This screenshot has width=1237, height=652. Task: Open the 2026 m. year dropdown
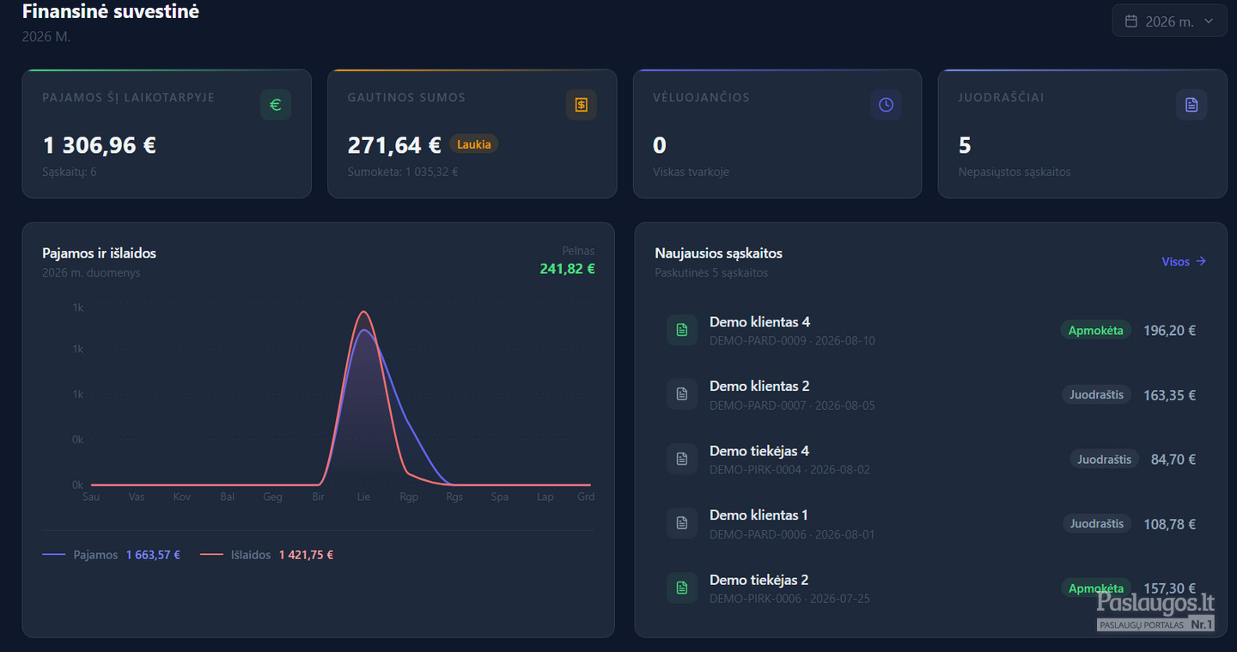point(1169,21)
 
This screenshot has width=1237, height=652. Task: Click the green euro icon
point(276,105)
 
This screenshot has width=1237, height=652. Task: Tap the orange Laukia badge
point(474,144)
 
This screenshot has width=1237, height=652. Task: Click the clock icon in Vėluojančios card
point(886,105)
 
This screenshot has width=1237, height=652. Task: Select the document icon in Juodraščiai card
point(1191,105)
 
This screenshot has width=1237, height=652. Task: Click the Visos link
point(1184,262)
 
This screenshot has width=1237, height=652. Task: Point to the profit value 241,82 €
point(567,269)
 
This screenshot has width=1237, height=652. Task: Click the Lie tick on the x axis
point(363,497)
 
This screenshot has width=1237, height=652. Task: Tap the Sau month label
point(91,497)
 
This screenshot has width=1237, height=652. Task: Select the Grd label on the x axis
point(586,497)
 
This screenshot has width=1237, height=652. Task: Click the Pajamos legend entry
point(111,555)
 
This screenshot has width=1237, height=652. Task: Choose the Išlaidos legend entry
point(266,555)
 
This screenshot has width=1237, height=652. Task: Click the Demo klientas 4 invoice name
point(760,322)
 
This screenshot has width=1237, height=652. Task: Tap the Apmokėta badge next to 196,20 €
point(1095,330)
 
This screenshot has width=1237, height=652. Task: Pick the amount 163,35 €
point(1170,395)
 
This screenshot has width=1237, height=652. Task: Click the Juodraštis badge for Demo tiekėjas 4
point(1105,460)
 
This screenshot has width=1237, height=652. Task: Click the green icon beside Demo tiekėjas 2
point(682,588)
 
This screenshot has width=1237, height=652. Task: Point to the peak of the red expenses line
point(363,312)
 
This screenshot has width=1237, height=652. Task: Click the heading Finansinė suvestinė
point(111,11)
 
